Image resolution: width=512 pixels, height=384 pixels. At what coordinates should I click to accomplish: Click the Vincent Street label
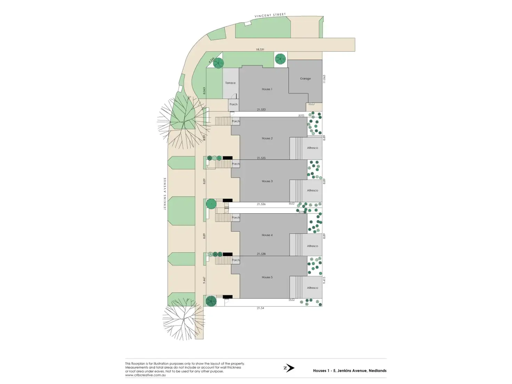click(x=270, y=15)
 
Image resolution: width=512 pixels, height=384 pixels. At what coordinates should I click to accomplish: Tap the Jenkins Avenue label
click(x=165, y=193)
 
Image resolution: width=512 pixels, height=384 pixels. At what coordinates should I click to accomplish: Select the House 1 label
click(x=267, y=89)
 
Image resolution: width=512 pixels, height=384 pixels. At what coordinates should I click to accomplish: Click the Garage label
click(x=305, y=79)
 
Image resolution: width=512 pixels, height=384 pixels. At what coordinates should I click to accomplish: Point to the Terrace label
click(x=230, y=83)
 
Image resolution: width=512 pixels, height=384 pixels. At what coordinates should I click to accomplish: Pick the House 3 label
click(x=267, y=181)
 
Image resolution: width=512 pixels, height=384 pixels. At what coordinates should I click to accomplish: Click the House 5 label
click(x=267, y=277)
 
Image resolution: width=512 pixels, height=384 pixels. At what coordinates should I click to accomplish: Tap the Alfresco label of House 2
click(x=312, y=148)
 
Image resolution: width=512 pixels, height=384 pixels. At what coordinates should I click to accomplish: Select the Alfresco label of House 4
click(x=312, y=246)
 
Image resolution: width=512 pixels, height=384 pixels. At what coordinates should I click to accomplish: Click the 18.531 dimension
click(x=260, y=50)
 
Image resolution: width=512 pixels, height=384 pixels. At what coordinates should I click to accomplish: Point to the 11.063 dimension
click(x=324, y=79)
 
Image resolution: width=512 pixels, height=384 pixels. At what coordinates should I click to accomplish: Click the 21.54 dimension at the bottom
click(x=260, y=308)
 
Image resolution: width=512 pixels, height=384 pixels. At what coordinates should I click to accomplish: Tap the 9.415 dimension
click(x=324, y=280)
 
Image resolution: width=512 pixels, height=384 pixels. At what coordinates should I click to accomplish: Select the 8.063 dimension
click(x=204, y=90)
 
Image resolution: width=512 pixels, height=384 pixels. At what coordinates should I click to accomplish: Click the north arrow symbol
click(x=289, y=368)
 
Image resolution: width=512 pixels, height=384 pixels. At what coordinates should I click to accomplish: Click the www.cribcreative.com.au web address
click(x=145, y=375)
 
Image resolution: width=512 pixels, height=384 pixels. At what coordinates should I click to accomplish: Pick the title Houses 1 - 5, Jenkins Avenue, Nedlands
click(x=350, y=371)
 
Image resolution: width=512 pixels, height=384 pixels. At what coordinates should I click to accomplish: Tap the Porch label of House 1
click(x=233, y=104)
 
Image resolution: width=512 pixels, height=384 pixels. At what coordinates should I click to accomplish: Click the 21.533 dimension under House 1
click(x=261, y=110)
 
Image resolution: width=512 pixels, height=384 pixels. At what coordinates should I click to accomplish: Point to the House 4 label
click(x=267, y=235)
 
